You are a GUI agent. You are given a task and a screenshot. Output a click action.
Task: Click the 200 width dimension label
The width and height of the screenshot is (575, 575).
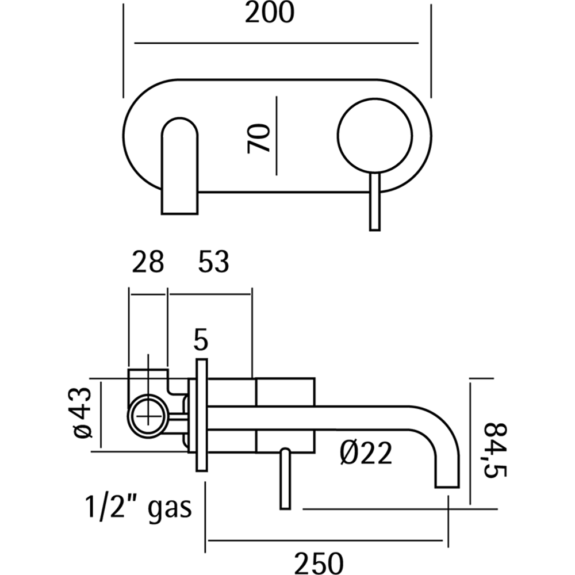pos(269,14)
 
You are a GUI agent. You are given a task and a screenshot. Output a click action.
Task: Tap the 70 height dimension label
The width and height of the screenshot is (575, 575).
pos(259,138)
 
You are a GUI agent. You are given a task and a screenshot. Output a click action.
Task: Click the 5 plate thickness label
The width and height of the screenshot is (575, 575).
pos(200,341)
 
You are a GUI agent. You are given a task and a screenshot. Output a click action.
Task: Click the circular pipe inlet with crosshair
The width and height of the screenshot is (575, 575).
pos(149,413)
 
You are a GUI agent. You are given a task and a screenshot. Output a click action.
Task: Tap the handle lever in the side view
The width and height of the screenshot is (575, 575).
pos(285,478)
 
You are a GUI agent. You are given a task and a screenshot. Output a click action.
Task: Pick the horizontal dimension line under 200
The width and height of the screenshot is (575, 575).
pos(276,43)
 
